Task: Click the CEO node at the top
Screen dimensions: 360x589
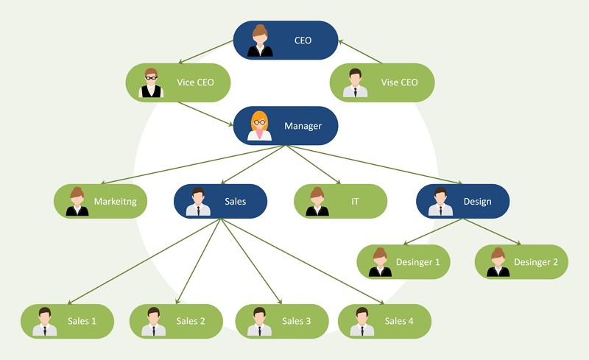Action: pyautogui.click(x=286, y=40)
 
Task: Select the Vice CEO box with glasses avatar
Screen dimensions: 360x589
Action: pyautogui.click(x=178, y=82)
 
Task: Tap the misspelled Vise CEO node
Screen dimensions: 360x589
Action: pyautogui.click(x=381, y=82)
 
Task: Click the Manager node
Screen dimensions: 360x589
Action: pyautogui.click(x=286, y=126)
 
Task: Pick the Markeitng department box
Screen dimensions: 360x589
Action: pyautogui.click(x=101, y=201)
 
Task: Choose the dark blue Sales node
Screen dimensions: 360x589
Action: pyautogui.click(x=220, y=201)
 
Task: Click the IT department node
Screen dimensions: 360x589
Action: pyautogui.click(x=340, y=201)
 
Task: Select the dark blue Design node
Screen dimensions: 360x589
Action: pyautogui.click(x=462, y=201)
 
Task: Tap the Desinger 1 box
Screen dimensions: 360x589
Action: pyautogui.click(x=403, y=261)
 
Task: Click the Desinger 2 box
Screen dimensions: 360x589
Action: pyautogui.click(x=521, y=261)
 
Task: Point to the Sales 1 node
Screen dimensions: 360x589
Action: pyautogui.click(x=67, y=321)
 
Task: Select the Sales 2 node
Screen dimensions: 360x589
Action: pyautogui.click(x=176, y=321)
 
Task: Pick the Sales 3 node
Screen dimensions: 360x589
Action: pyautogui.click(x=282, y=321)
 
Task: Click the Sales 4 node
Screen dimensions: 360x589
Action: pyautogui.click(x=384, y=321)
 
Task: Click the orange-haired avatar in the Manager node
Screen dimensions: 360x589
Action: pyautogui.click(x=259, y=125)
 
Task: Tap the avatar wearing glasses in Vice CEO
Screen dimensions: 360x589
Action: pyautogui.click(x=151, y=82)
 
